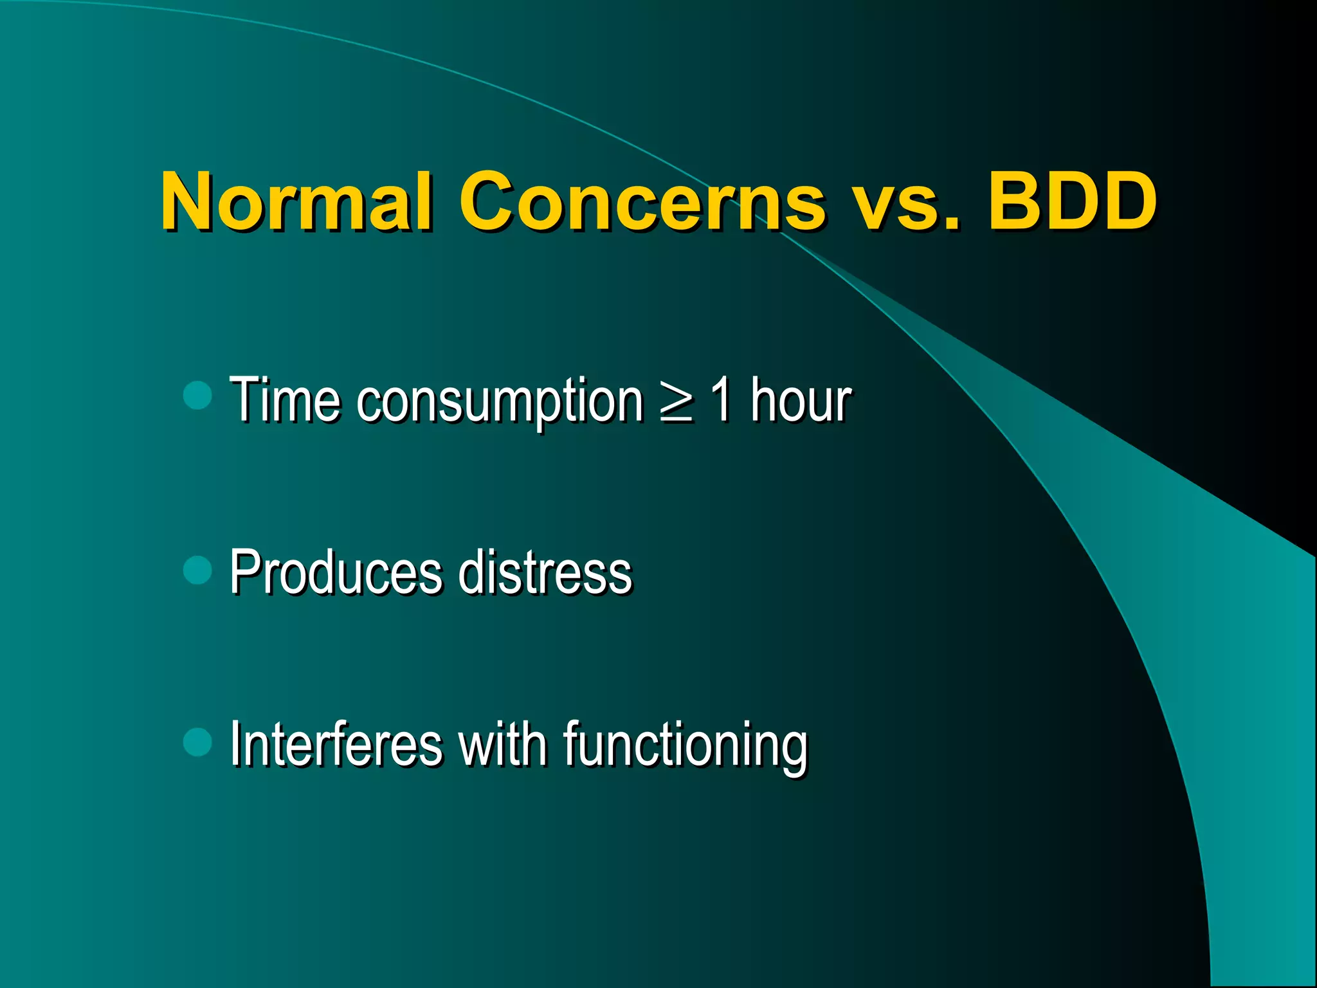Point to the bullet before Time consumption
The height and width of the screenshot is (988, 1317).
coord(197,396)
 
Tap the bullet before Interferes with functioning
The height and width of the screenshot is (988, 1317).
coord(197,742)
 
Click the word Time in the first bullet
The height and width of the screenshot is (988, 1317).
coord(285,400)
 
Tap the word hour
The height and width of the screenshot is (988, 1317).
coord(801,400)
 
